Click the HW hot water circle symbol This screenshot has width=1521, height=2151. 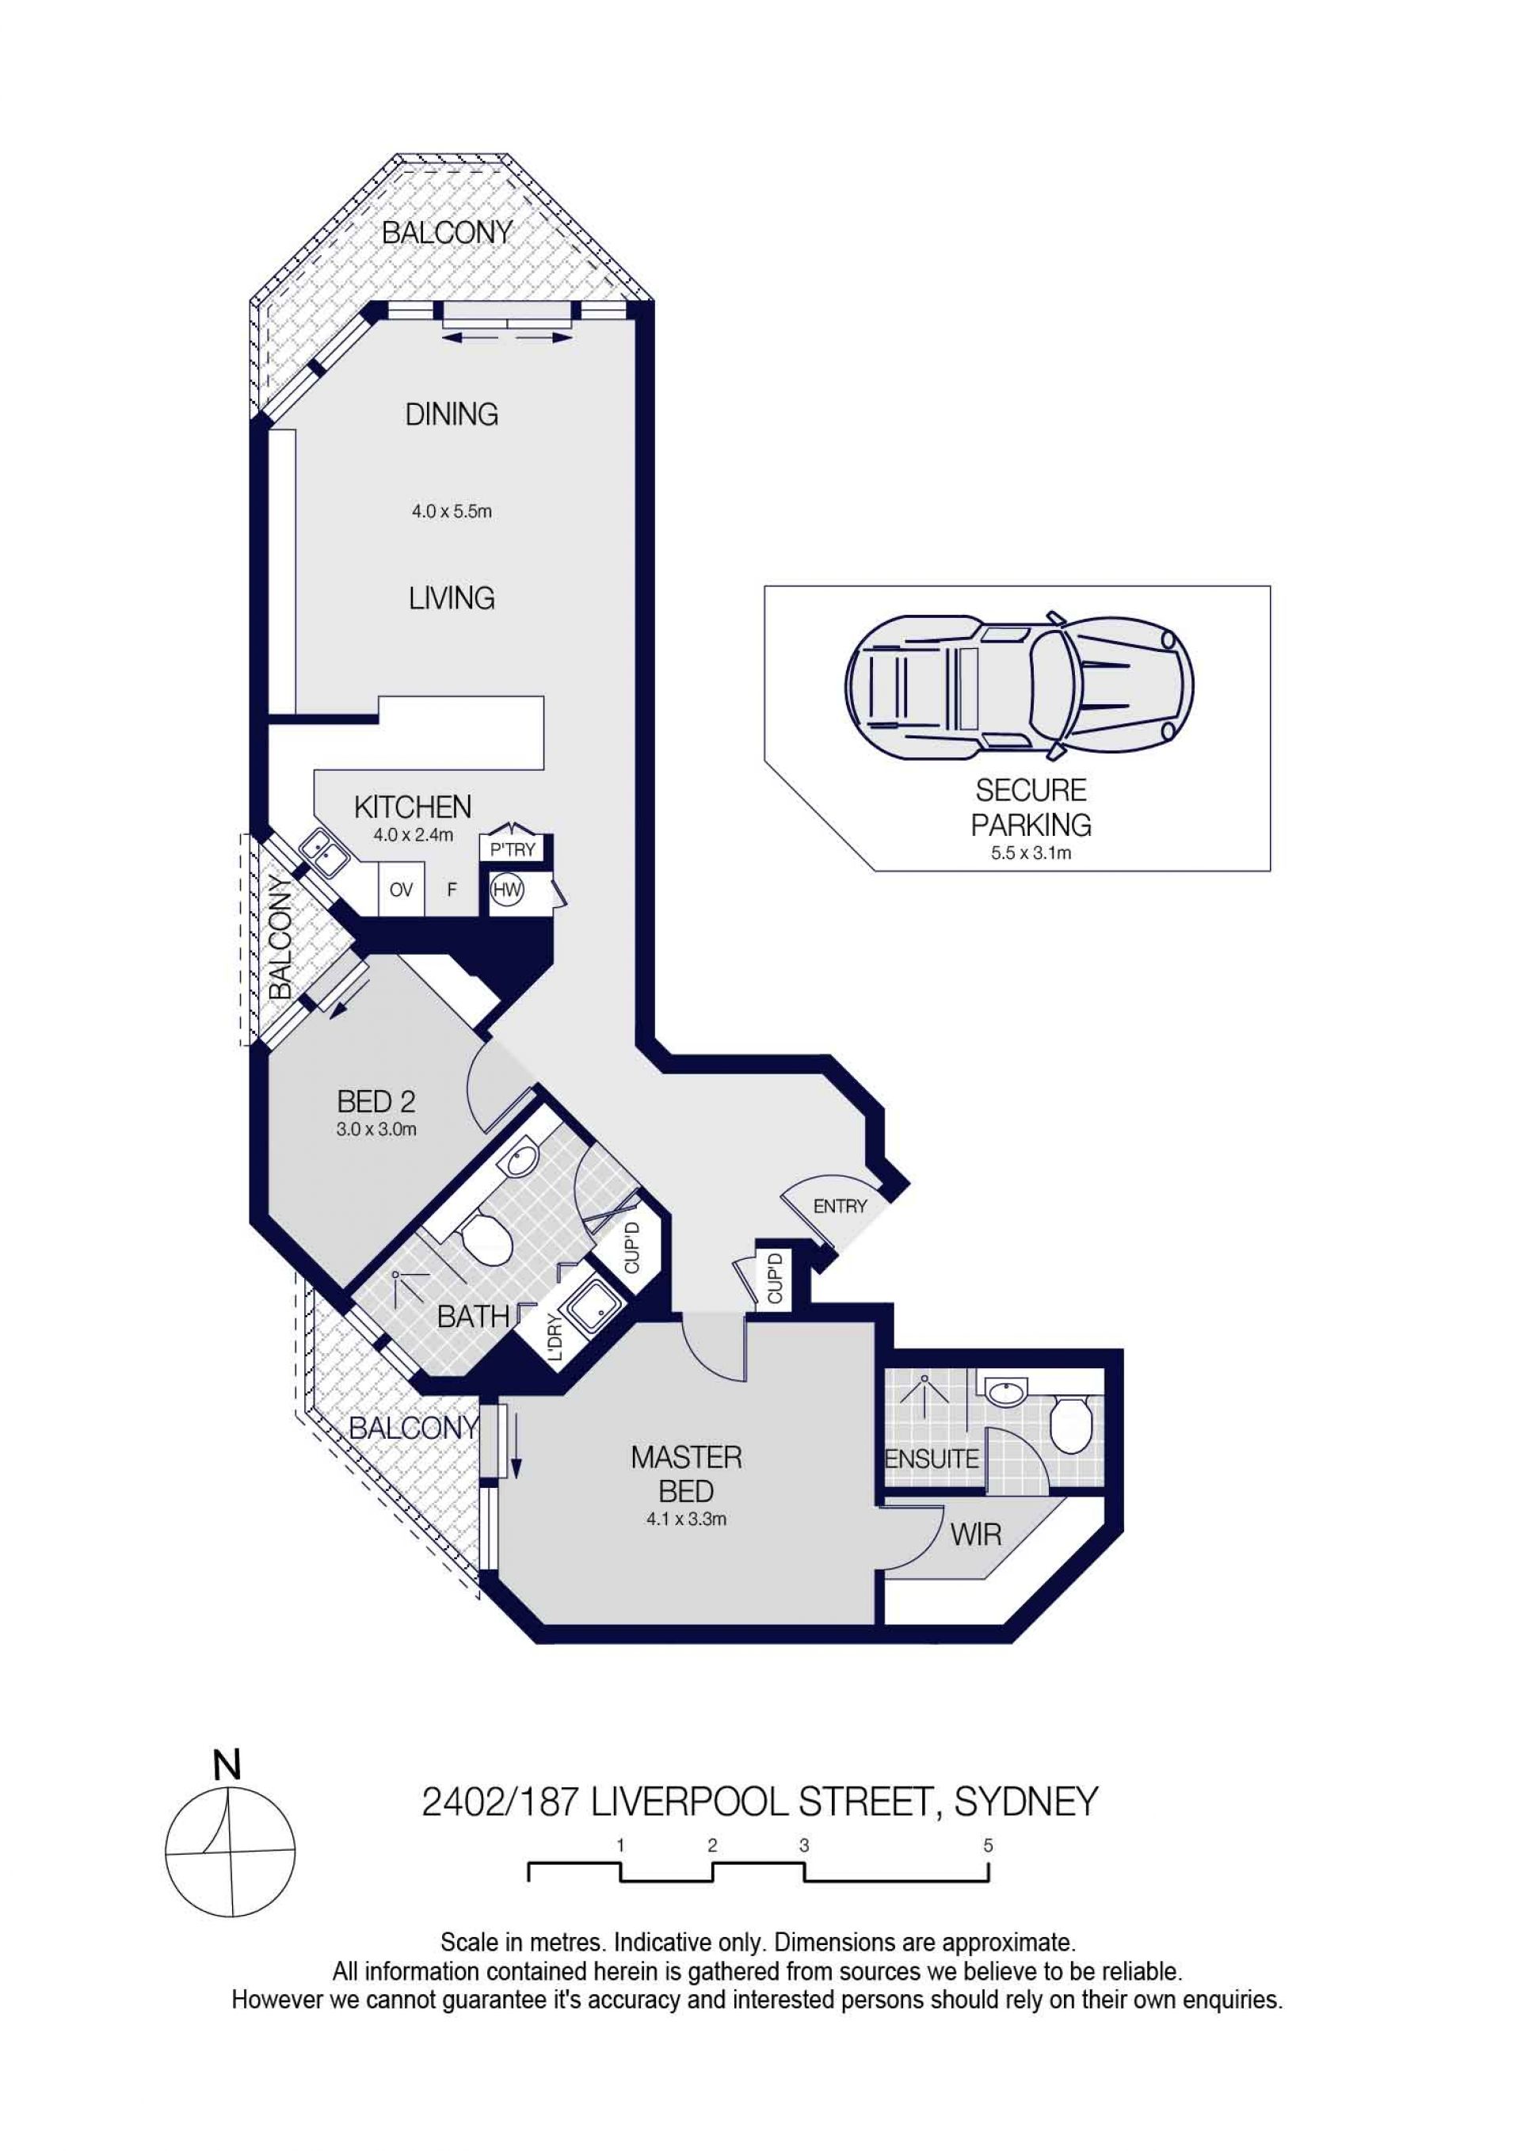tap(507, 890)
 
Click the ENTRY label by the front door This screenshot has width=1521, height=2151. tap(840, 1207)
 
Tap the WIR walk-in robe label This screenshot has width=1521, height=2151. tap(976, 1535)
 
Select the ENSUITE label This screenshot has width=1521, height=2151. tap(932, 1459)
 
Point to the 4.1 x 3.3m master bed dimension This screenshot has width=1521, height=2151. tap(687, 1520)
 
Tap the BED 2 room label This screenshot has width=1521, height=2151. tap(375, 1102)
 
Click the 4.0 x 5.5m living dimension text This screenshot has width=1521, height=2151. tap(452, 512)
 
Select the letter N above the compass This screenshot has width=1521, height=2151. tap(227, 1765)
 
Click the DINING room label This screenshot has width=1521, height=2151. tap(452, 414)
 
